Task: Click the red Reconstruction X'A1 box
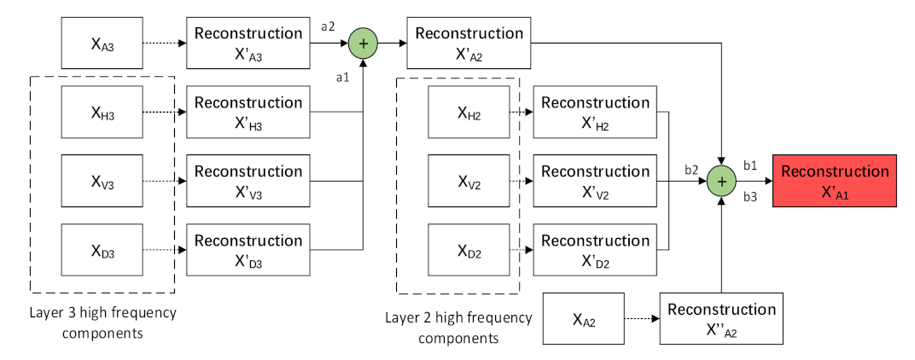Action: point(835,181)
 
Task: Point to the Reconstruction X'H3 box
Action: point(248,113)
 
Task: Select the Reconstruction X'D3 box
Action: point(248,250)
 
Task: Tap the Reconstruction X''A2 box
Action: point(721,319)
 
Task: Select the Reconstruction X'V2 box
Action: point(595,181)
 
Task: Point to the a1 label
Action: point(342,78)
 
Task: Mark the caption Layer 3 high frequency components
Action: point(103,322)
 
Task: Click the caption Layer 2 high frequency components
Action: point(457,328)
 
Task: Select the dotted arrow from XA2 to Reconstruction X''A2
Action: point(641,319)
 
